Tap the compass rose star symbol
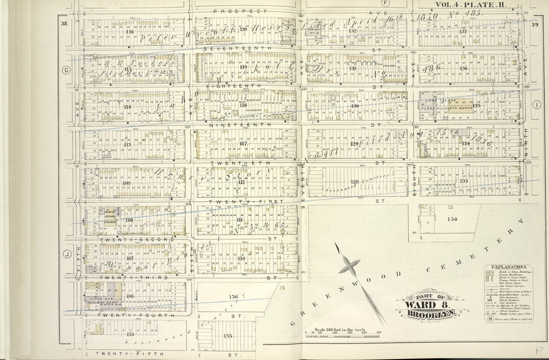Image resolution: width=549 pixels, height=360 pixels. coord(349,265)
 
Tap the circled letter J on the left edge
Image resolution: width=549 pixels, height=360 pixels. coord(68,254)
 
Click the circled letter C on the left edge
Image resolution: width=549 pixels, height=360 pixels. coord(67,70)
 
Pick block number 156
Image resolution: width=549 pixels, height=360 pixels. coord(233,297)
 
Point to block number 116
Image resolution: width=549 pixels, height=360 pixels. coord(129,31)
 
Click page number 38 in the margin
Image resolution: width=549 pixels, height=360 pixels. coord(64,23)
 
